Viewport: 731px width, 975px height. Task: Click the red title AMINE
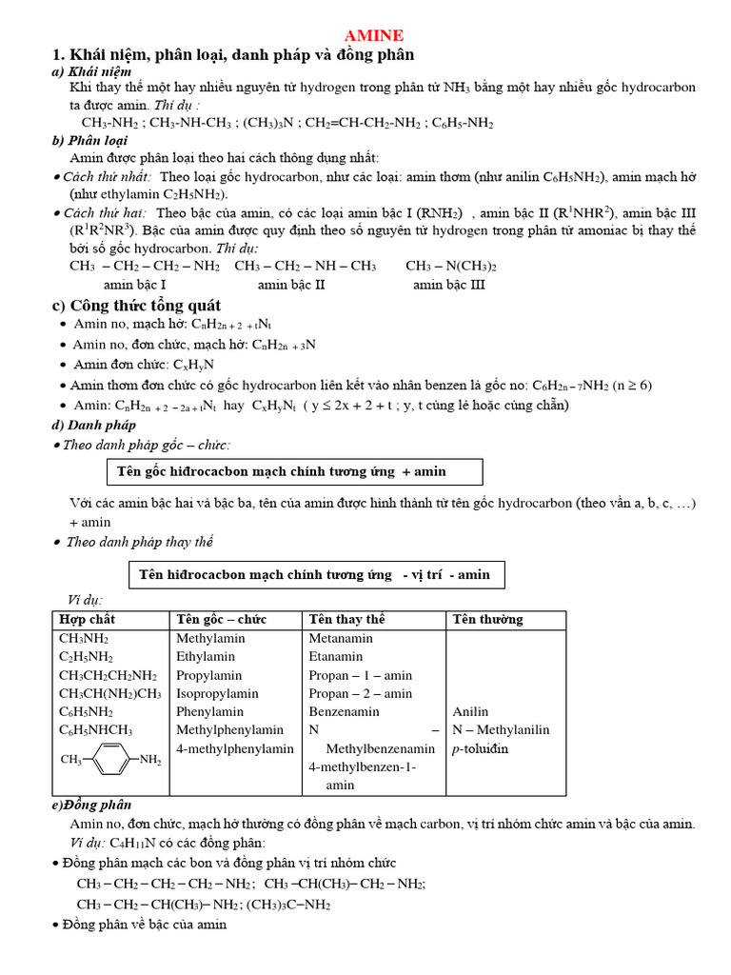(x=374, y=35)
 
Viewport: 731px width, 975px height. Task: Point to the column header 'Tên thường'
(x=487, y=620)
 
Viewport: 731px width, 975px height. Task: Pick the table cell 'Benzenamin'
(x=344, y=711)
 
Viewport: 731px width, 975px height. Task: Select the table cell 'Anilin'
(x=470, y=711)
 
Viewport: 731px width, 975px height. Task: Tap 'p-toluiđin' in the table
(x=481, y=748)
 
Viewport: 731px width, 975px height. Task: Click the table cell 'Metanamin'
(x=341, y=638)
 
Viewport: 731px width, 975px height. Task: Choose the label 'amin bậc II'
(x=291, y=284)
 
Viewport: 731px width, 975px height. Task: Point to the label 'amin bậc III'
(x=449, y=284)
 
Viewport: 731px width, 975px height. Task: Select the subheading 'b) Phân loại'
(x=89, y=140)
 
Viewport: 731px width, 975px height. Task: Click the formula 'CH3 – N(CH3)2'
(x=451, y=267)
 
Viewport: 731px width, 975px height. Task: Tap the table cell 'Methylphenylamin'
(x=229, y=730)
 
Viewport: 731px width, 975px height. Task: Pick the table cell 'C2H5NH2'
(x=86, y=657)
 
